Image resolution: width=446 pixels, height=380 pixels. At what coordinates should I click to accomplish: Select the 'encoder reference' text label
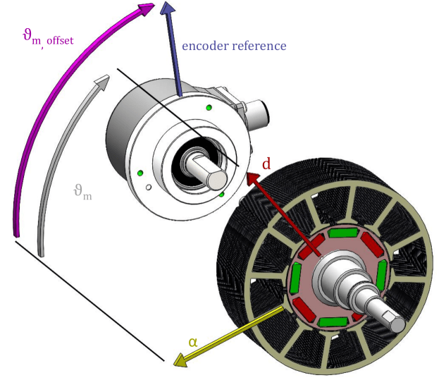click(234, 46)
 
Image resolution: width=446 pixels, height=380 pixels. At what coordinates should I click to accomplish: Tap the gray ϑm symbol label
click(82, 191)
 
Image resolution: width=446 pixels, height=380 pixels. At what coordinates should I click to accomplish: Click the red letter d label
click(266, 164)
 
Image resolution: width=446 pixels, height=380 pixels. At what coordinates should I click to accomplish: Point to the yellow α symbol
click(192, 341)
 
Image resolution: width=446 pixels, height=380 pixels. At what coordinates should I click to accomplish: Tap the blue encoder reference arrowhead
click(168, 10)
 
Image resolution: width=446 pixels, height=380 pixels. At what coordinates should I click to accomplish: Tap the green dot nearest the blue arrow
click(209, 107)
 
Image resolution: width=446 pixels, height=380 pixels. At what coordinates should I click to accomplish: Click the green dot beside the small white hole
click(141, 173)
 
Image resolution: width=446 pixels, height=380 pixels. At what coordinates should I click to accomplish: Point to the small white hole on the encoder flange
click(149, 188)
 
